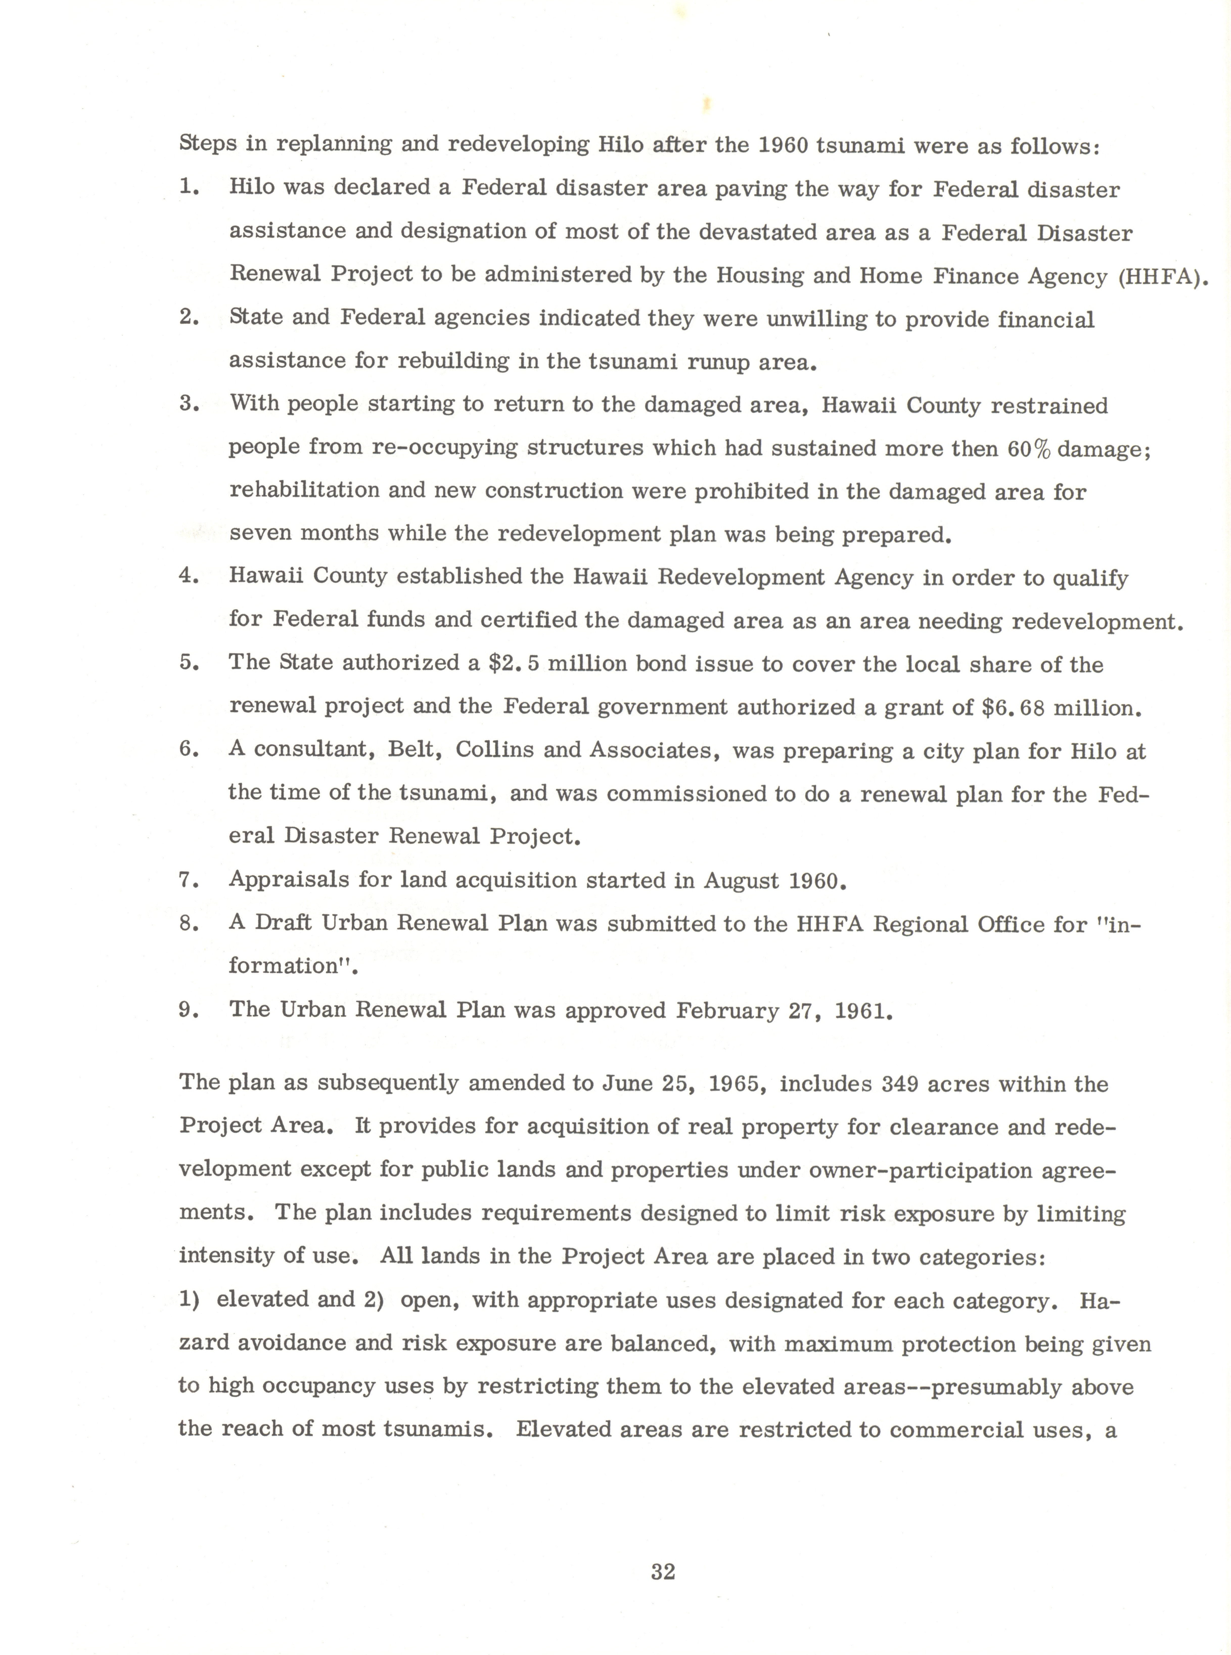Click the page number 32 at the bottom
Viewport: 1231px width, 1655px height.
click(663, 1571)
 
